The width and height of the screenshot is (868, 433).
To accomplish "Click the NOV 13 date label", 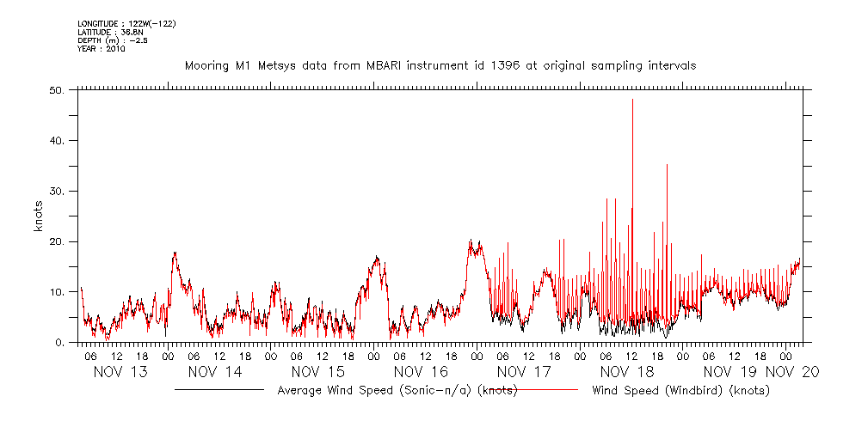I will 115,372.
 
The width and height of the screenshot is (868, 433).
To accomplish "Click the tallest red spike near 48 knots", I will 632,101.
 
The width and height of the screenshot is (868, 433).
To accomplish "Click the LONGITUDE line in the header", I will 126,24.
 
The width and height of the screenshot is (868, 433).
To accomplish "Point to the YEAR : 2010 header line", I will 102,49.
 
